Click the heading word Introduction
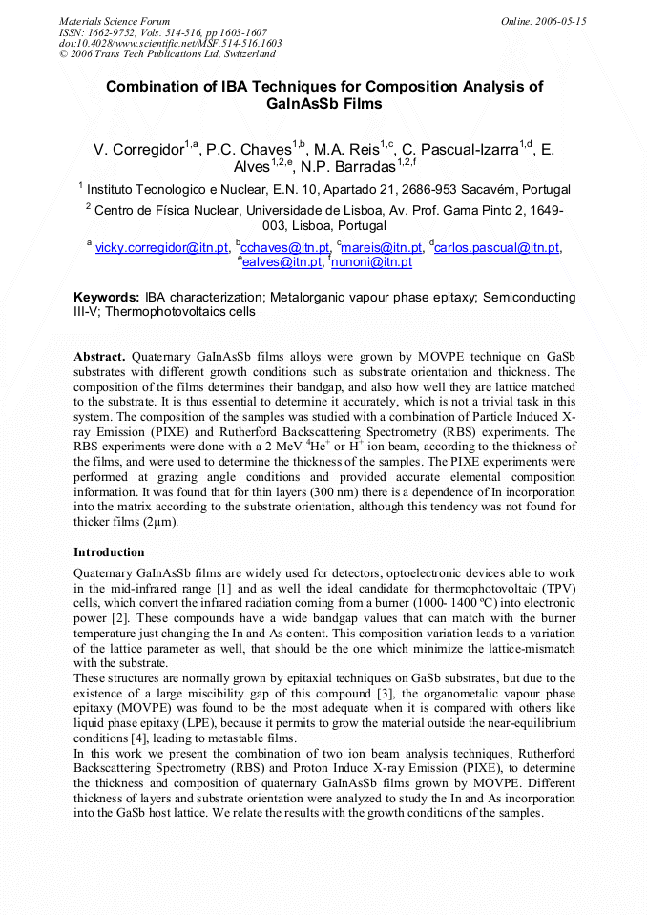tap(109, 551)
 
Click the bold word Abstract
tap(98, 356)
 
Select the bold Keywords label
tap(107, 297)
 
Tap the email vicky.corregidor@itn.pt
tap(161, 248)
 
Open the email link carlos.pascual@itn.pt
tap(496, 248)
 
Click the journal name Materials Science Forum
tap(115, 21)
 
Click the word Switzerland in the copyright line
tap(246, 54)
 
